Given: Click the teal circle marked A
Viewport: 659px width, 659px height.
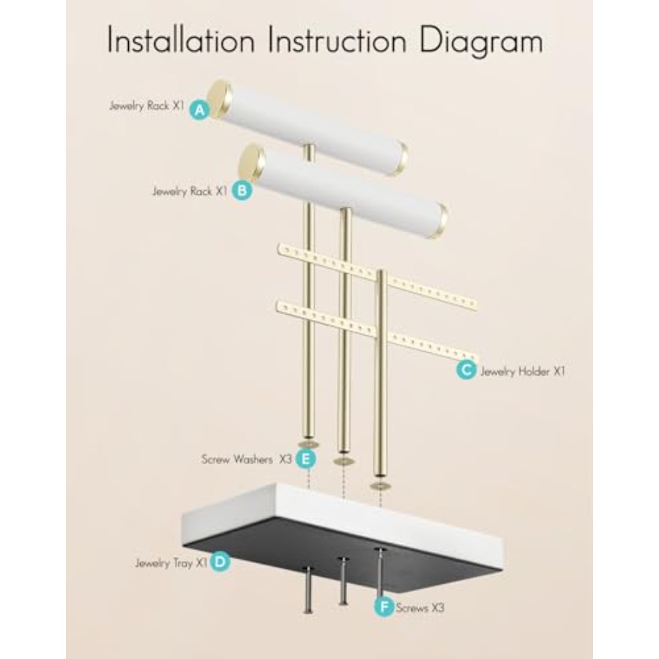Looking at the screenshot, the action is point(200,110).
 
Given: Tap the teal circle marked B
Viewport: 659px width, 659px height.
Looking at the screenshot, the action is point(242,190).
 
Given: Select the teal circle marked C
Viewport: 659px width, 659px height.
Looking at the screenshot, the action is point(466,371).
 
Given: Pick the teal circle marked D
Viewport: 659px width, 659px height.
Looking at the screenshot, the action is point(220,562).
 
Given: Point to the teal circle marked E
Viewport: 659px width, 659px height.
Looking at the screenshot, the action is point(305,458).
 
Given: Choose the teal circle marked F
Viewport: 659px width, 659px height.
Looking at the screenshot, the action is point(384,607).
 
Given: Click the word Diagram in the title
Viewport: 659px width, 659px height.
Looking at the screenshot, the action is point(481,42).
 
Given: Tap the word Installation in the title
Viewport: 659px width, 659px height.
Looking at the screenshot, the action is point(181,40).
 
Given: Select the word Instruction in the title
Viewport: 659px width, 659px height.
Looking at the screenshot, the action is point(338,40).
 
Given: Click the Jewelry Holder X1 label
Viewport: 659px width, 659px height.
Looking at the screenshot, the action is point(523,371).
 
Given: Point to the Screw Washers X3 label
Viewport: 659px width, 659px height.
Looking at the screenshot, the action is point(246,459).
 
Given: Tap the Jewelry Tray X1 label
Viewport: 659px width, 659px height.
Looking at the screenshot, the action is point(171,563).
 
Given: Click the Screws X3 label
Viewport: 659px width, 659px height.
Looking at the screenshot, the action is point(420,608).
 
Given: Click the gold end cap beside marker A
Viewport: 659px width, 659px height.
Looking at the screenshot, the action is point(220,99).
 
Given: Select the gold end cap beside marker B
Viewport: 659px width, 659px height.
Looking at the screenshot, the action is point(251,164).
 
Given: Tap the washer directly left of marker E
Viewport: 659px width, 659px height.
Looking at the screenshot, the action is point(308,444).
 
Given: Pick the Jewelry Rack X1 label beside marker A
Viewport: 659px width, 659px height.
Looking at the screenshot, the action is point(146,106).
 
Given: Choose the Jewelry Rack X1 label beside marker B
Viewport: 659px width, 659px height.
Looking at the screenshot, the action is point(190,192).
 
